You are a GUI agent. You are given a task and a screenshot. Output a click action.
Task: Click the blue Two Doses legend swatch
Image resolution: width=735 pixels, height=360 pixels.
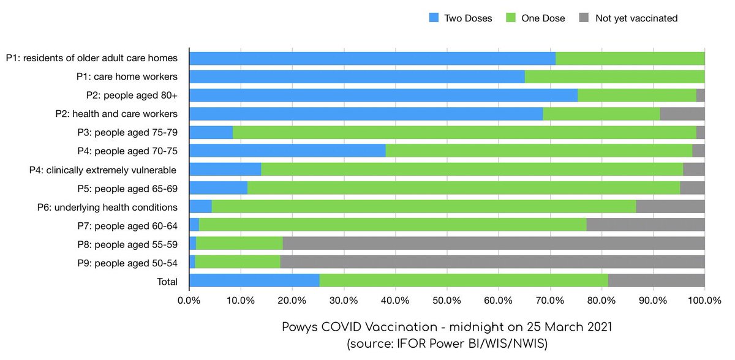[x=434, y=18]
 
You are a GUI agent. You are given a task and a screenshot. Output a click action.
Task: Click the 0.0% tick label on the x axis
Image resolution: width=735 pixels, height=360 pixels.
[x=189, y=301]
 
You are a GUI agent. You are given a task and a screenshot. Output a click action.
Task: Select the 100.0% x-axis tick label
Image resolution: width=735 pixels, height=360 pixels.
[x=704, y=301]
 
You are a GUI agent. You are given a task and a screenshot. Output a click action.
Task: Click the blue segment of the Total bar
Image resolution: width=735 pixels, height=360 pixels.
[x=254, y=281]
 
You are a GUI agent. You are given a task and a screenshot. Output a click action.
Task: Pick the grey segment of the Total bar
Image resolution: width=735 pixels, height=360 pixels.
[x=656, y=281]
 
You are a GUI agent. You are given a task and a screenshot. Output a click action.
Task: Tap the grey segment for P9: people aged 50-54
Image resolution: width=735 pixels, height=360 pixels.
[x=492, y=262]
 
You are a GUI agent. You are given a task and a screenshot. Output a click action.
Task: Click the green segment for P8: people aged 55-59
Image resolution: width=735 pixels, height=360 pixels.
[x=239, y=244]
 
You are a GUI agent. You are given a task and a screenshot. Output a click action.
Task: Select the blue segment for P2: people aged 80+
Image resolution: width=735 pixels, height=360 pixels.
[x=383, y=96]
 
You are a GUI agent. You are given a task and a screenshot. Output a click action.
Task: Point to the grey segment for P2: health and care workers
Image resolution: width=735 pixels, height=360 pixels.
[x=682, y=114]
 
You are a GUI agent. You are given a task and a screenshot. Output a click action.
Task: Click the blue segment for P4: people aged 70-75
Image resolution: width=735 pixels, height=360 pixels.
[x=287, y=151]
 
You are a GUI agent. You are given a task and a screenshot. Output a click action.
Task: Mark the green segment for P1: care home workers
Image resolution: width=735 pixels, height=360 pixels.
[x=614, y=77]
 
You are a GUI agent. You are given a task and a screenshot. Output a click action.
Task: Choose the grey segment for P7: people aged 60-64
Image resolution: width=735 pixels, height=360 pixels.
[x=646, y=225]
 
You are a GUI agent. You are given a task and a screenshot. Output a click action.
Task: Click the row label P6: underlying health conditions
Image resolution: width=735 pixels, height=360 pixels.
[x=107, y=207]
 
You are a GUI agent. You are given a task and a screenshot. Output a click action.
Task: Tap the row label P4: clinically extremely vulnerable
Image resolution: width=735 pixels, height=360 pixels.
[x=104, y=170]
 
